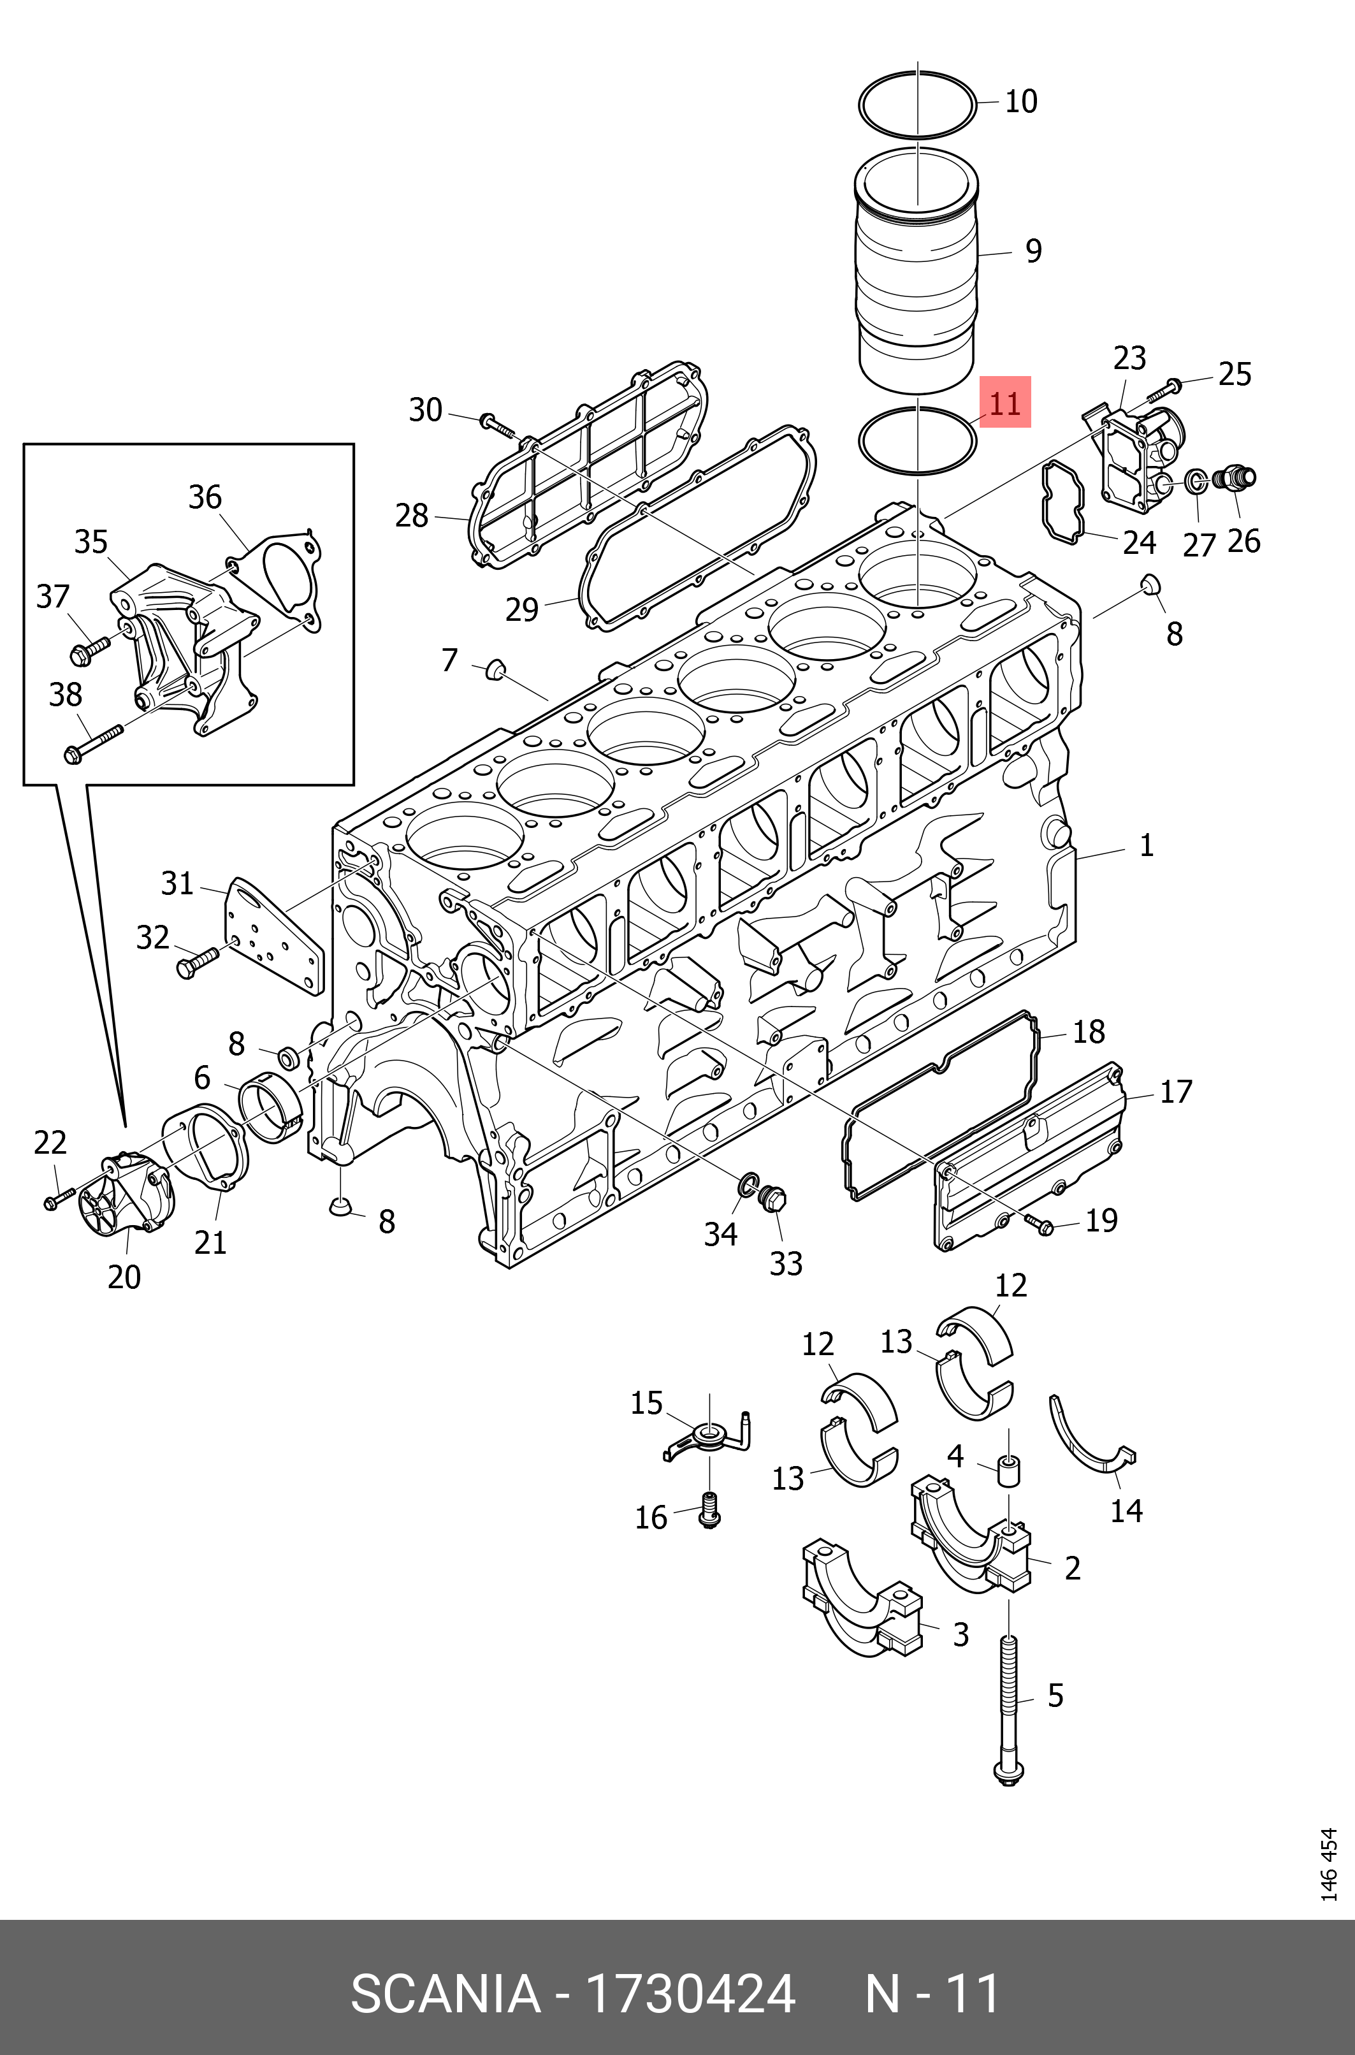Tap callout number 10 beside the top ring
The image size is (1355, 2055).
click(1020, 102)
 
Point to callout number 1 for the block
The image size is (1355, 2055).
click(1146, 845)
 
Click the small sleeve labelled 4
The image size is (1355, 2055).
click(1008, 1469)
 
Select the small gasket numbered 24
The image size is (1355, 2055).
click(1063, 504)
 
